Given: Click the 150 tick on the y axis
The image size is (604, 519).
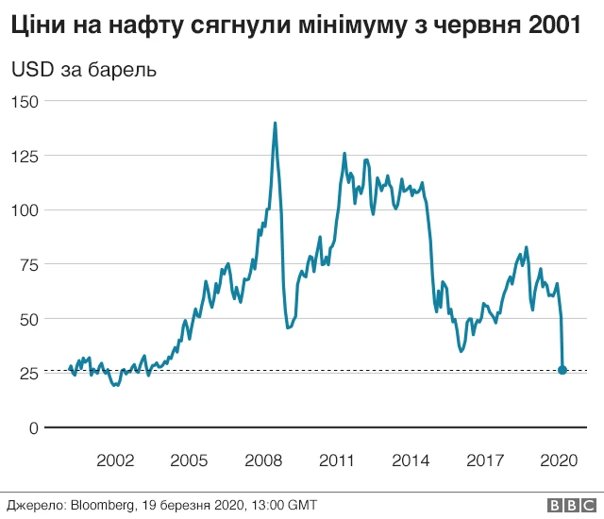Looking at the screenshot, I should pyautogui.click(x=25, y=101).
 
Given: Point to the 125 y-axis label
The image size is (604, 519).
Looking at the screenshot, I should pyautogui.click(x=25, y=156).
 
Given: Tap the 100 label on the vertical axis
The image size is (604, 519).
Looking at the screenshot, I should pyautogui.click(x=25, y=209).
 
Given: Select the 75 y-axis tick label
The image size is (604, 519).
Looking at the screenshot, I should pyautogui.click(x=28, y=264).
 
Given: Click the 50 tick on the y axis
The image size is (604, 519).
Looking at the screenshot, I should pyautogui.click(x=28, y=319).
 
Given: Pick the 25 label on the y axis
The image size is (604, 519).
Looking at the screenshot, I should pyautogui.click(x=28, y=373).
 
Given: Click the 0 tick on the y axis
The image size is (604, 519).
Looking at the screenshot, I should pyautogui.click(x=32, y=427).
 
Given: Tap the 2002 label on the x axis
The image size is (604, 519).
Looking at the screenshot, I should pyautogui.click(x=115, y=460).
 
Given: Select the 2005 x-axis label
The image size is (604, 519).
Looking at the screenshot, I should pyautogui.click(x=189, y=460).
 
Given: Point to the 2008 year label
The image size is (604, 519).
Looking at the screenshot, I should pyautogui.click(x=263, y=460).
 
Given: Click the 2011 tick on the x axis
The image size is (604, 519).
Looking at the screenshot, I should pyautogui.click(x=337, y=460).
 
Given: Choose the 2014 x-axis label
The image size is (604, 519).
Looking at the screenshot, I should pyautogui.click(x=411, y=460).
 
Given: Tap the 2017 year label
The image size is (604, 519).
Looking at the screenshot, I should pyautogui.click(x=484, y=460).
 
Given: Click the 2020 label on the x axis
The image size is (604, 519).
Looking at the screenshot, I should pyautogui.click(x=558, y=460).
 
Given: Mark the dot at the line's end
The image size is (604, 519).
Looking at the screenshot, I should pyautogui.click(x=562, y=370).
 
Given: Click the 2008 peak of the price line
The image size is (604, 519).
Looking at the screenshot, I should pyautogui.click(x=275, y=123).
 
